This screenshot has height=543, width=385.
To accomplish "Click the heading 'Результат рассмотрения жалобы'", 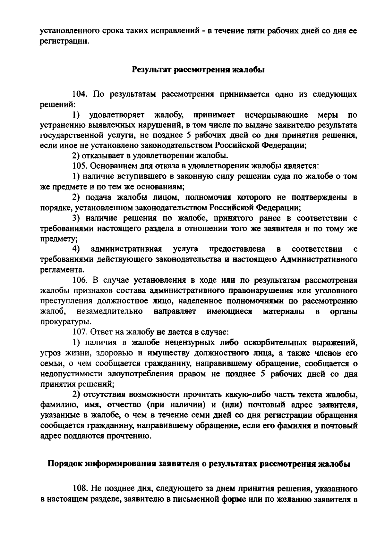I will [198, 69].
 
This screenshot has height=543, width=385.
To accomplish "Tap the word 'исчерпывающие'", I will [276, 115].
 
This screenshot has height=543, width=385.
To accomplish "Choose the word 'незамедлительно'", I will [110, 311].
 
